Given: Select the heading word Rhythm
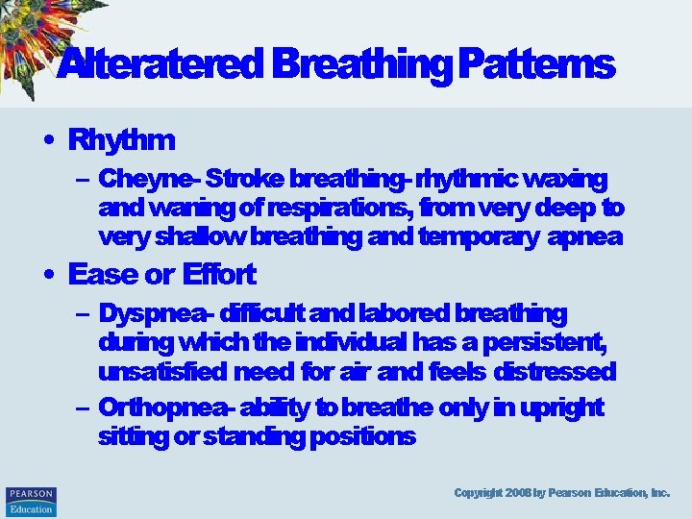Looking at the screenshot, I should click(121, 140).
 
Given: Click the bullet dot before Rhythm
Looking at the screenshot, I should click(48, 140).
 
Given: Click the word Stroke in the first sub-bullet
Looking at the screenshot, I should click(244, 180).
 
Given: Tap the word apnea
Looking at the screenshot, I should click(584, 236).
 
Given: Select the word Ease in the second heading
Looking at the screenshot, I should click(103, 275).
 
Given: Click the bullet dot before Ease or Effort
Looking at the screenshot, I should click(48, 275).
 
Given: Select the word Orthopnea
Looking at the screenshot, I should click(161, 408).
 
